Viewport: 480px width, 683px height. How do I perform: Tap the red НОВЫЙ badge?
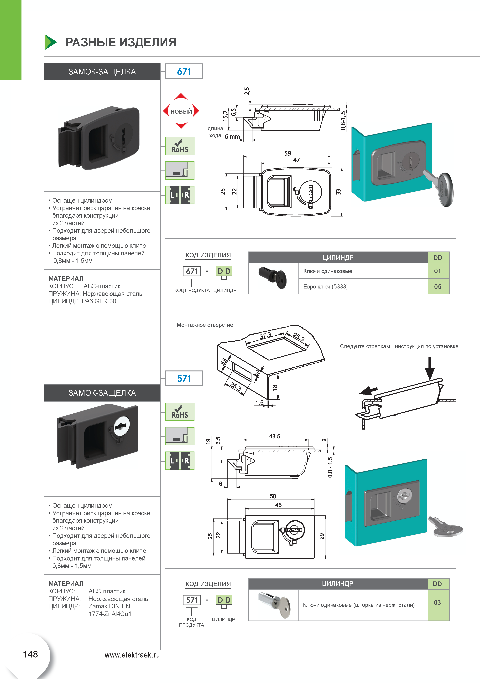click(181, 111)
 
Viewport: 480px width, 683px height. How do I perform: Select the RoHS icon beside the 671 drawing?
click(180, 146)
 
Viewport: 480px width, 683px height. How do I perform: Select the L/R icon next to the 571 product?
click(180, 461)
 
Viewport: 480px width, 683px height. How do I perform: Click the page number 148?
click(30, 654)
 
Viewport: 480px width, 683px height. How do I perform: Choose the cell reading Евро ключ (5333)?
click(326, 287)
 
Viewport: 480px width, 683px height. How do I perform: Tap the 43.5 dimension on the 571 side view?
click(275, 436)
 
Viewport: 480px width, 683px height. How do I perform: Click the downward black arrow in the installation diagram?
click(429, 369)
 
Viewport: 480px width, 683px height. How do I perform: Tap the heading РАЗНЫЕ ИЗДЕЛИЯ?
click(121, 42)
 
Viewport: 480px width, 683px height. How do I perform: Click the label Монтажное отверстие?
click(205, 325)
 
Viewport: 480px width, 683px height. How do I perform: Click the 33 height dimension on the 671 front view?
click(338, 192)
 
